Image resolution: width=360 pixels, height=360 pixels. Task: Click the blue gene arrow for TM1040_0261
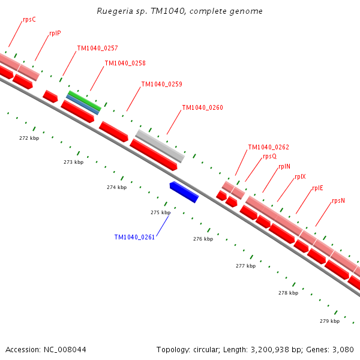coord(184,192)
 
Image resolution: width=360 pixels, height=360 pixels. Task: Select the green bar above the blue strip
coord(84,100)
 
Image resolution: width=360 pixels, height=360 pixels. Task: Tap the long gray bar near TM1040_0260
coord(160,146)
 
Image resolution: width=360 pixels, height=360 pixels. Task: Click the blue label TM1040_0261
coord(134,237)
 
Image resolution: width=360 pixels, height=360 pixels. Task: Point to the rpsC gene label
coord(29,19)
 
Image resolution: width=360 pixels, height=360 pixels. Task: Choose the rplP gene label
coord(55,34)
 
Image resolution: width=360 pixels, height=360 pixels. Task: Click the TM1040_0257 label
coord(97,48)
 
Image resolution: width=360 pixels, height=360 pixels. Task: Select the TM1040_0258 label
coord(125,63)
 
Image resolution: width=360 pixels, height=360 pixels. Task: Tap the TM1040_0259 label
coord(161,84)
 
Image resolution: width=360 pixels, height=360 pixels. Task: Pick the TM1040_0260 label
coord(202,108)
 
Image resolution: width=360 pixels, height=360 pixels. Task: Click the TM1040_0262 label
coord(268,147)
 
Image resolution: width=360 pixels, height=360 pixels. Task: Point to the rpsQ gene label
coord(269,157)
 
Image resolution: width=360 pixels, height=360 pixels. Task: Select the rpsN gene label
coord(338,200)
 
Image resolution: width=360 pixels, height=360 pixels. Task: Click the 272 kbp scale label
coord(29,138)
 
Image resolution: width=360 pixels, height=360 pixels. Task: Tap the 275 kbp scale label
coord(160,212)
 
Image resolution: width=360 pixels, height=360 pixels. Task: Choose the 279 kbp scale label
coord(329,321)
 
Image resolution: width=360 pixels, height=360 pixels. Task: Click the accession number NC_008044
coord(64,349)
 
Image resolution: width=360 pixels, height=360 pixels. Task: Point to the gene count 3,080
coord(343,349)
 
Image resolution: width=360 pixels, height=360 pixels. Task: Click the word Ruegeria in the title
coord(115,11)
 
